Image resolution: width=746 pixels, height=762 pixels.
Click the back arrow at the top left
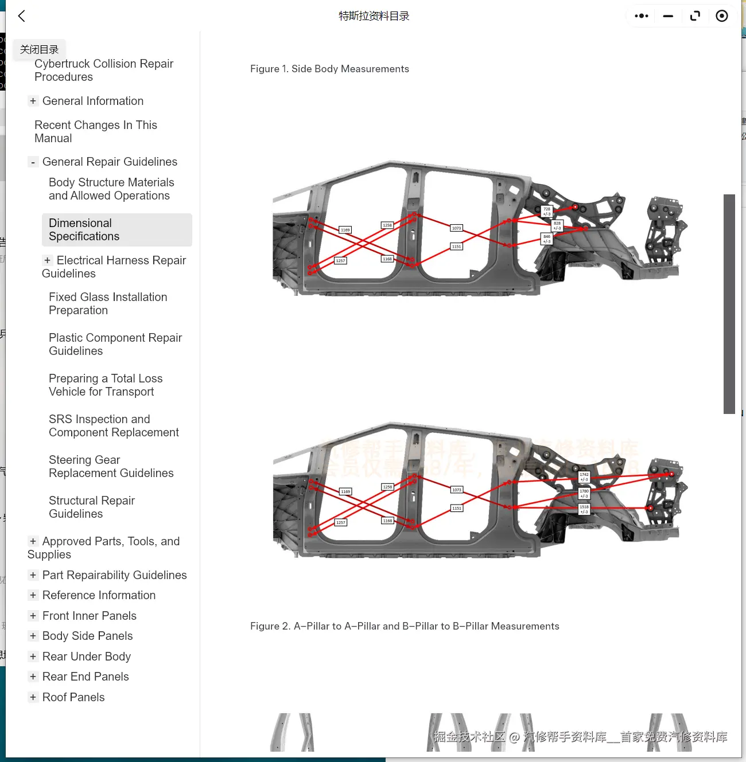[22, 16]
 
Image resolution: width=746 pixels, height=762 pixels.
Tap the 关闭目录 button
[39, 49]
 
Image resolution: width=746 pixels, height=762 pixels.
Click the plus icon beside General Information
[33, 101]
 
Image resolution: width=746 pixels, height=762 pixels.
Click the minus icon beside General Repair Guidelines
[33, 162]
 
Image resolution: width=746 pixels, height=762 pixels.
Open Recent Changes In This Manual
[95, 131]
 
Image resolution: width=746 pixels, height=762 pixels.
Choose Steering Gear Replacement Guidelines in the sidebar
[111, 466]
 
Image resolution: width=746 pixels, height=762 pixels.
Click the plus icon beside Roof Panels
[33, 697]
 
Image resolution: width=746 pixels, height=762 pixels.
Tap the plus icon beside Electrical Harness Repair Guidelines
[47, 260]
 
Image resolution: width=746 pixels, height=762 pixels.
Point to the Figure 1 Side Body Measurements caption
[329, 69]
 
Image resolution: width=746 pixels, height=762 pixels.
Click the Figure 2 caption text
[405, 626]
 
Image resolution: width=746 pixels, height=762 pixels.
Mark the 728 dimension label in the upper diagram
[547, 211]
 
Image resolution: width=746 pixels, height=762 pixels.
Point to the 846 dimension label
[546, 239]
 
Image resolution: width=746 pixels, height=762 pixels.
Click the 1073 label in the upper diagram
[456, 228]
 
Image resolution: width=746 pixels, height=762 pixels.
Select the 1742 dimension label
[584, 476]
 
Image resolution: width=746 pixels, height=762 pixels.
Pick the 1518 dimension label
[584, 509]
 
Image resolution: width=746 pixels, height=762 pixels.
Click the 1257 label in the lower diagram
[341, 522]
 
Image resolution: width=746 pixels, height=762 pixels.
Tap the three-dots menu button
[642, 16]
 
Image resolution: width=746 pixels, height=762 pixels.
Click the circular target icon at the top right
[722, 16]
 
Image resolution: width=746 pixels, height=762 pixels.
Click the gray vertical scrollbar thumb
[729, 304]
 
